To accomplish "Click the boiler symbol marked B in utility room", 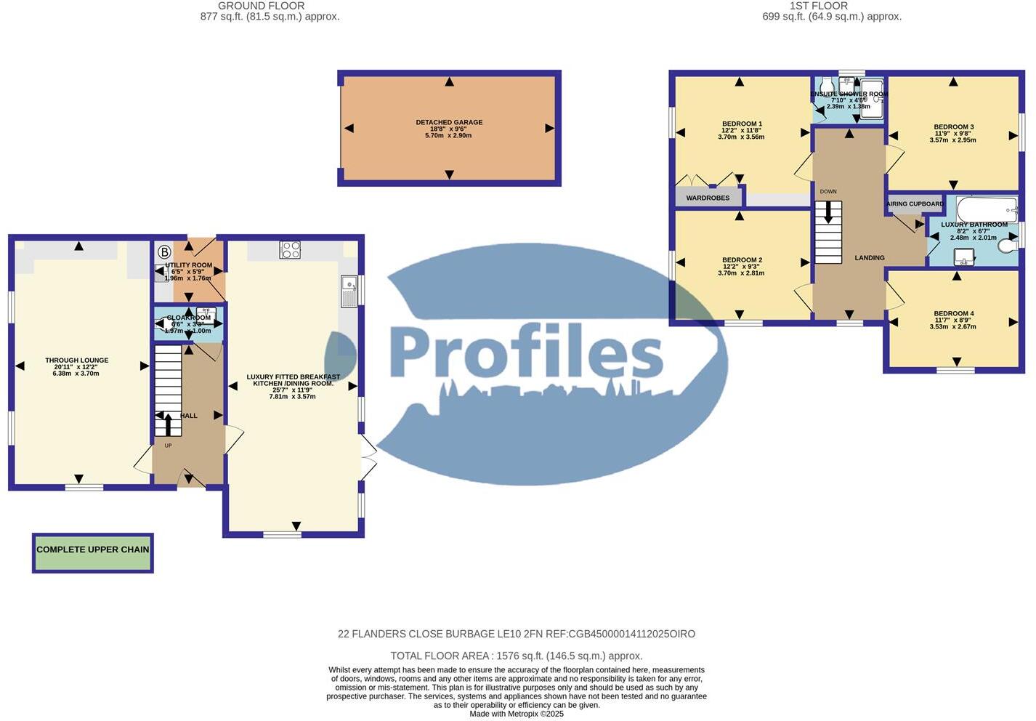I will (164, 252).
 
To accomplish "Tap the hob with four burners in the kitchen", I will (290, 249).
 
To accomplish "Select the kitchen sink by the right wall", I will (349, 291).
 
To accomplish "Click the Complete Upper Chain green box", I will (93, 550).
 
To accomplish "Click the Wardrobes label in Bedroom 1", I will (708, 198).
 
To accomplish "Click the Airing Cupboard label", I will (915, 204).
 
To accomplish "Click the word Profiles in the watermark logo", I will (526, 353).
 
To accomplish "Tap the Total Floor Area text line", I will (516, 656).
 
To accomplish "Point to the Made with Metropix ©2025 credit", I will (516, 714).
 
